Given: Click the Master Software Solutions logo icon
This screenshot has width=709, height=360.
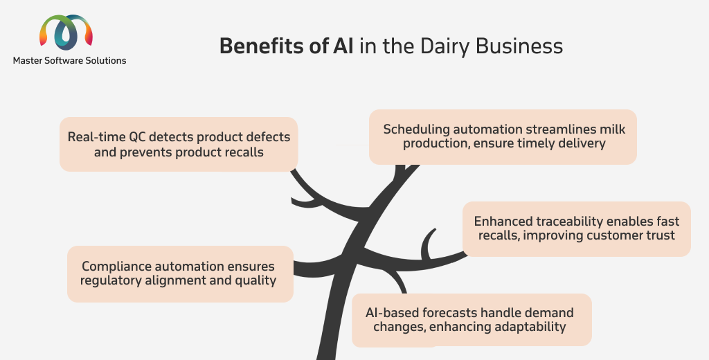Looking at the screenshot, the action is click(66, 32).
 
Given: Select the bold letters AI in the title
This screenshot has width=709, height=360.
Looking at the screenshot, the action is click(343, 46).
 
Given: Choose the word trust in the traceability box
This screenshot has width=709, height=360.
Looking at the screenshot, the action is click(661, 235).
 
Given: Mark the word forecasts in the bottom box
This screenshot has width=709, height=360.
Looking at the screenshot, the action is click(449, 312).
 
